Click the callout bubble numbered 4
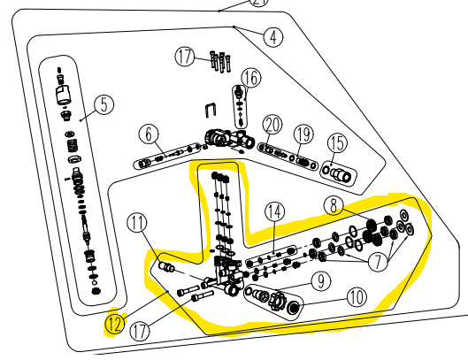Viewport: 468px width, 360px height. [x=273, y=37]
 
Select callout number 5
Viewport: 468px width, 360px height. [x=104, y=104]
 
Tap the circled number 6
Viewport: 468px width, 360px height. [x=149, y=134]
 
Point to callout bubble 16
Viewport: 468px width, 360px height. [x=250, y=78]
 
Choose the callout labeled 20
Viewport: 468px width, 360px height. [x=272, y=126]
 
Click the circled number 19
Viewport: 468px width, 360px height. [x=303, y=134]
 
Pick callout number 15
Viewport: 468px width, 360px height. [x=337, y=143]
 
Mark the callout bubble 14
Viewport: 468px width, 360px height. [x=275, y=211]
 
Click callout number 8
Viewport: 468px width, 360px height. [x=334, y=205]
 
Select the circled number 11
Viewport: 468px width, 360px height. [x=137, y=223]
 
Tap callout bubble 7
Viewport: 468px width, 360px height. [x=378, y=262]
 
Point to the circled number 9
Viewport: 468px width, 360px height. [x=321, y=281]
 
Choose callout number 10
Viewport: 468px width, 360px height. [x=357, y=297]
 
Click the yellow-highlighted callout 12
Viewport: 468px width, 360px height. [x=115, y=325]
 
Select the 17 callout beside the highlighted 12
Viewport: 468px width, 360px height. [x=140, y=331]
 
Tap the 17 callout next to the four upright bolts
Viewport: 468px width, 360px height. [x=185, y=57]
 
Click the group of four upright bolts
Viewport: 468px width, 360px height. [x=220, y=62]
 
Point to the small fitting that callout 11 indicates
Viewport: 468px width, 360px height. [x=167, y=266]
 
